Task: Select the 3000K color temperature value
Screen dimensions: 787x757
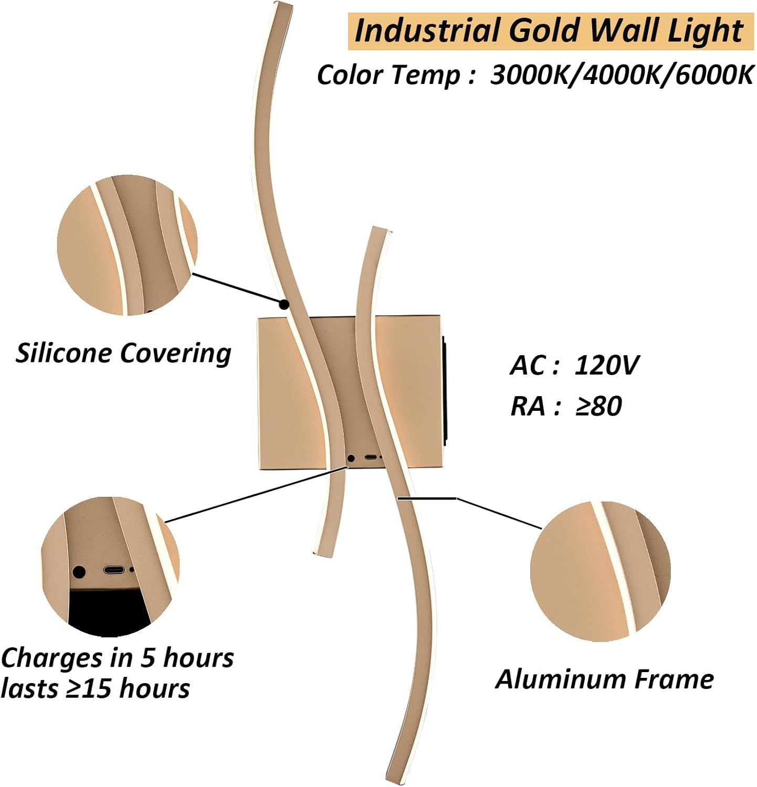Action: point(534,75)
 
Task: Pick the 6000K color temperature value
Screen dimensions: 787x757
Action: point(714,75)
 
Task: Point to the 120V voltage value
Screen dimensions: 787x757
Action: point(607,365)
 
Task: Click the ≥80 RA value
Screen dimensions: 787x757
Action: point(598,406)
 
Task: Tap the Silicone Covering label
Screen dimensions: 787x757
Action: point(123,353)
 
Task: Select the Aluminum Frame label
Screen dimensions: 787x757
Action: point(604,679)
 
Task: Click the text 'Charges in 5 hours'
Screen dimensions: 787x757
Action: point(118,658)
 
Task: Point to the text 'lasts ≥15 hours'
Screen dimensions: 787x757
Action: point(96,689)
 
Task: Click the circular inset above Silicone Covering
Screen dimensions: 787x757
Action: point(128,245)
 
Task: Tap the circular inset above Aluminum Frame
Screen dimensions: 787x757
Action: point(600,571)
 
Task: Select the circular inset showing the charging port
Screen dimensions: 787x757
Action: point(110,567)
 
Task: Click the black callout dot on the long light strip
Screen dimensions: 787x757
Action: point(284,304)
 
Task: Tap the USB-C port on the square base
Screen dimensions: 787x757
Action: point(371,458)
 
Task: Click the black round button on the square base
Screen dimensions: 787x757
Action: point(351,458)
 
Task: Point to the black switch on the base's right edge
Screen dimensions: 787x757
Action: point(445,391)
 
